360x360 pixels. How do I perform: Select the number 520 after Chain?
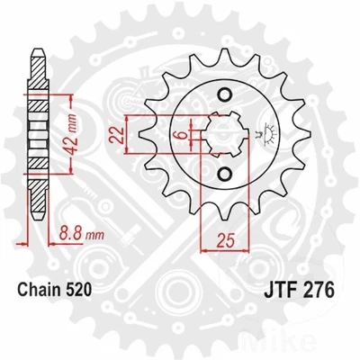click(x=90, y=292)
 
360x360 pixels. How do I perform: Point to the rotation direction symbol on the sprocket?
click(x=265, y=135)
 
